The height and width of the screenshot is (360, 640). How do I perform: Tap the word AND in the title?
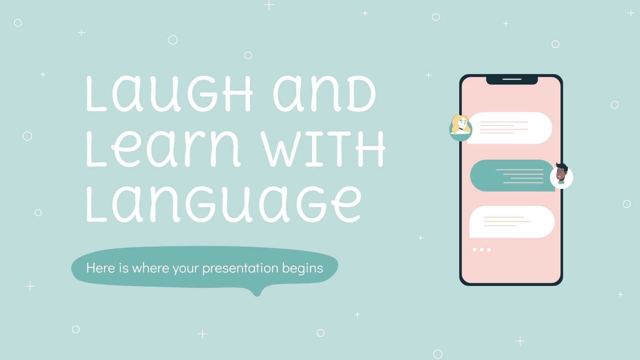click(324, 94)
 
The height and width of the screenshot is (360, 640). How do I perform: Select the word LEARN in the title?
click(163, 149)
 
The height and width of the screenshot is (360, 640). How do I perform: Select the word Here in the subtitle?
click(101, 268)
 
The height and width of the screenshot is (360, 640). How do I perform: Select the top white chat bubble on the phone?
click(510, 128)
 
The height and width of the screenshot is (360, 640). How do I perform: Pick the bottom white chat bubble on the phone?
click(512, 222)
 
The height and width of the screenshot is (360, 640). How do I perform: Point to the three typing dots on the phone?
click(482, 250)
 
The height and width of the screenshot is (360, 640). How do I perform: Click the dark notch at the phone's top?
click(512, 80)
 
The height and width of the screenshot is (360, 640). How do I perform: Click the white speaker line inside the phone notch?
click(512, 79)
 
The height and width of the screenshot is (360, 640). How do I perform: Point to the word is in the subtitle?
click(124, 268)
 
